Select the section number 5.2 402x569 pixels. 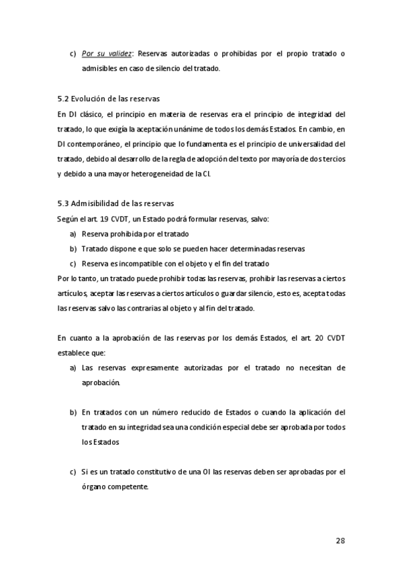point(64,98)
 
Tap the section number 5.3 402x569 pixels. point(64,204)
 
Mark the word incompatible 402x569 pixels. point(136,264)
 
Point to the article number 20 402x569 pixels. point(319,338)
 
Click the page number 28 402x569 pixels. point(340,540)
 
